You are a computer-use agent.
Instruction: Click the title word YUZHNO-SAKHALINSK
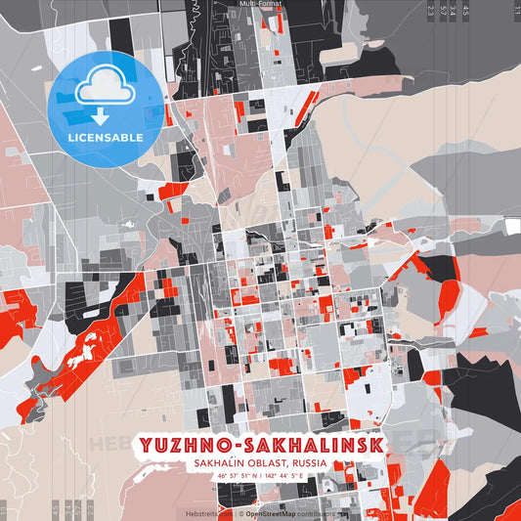pyautogui.click(x=260, y=446)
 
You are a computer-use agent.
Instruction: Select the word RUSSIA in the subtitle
pyautogui.click(x=304, y=464)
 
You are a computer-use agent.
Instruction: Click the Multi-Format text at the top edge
pyautogui.click(x=260, y=4)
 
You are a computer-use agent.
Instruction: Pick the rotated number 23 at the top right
pyautogui.click(x=431, y=11)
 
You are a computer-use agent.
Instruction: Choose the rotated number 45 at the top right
pyautogui.click(x=466, y=11)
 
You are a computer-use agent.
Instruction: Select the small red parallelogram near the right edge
pyautogui.click(x=478, y=332)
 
